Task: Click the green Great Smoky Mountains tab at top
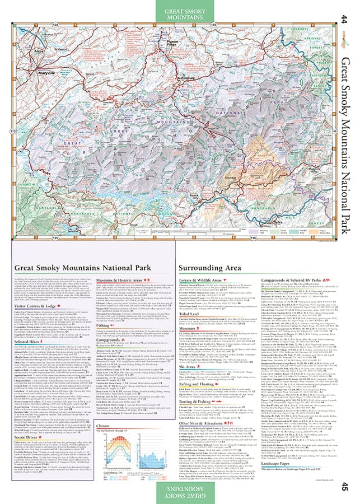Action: (x=180, y=13)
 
